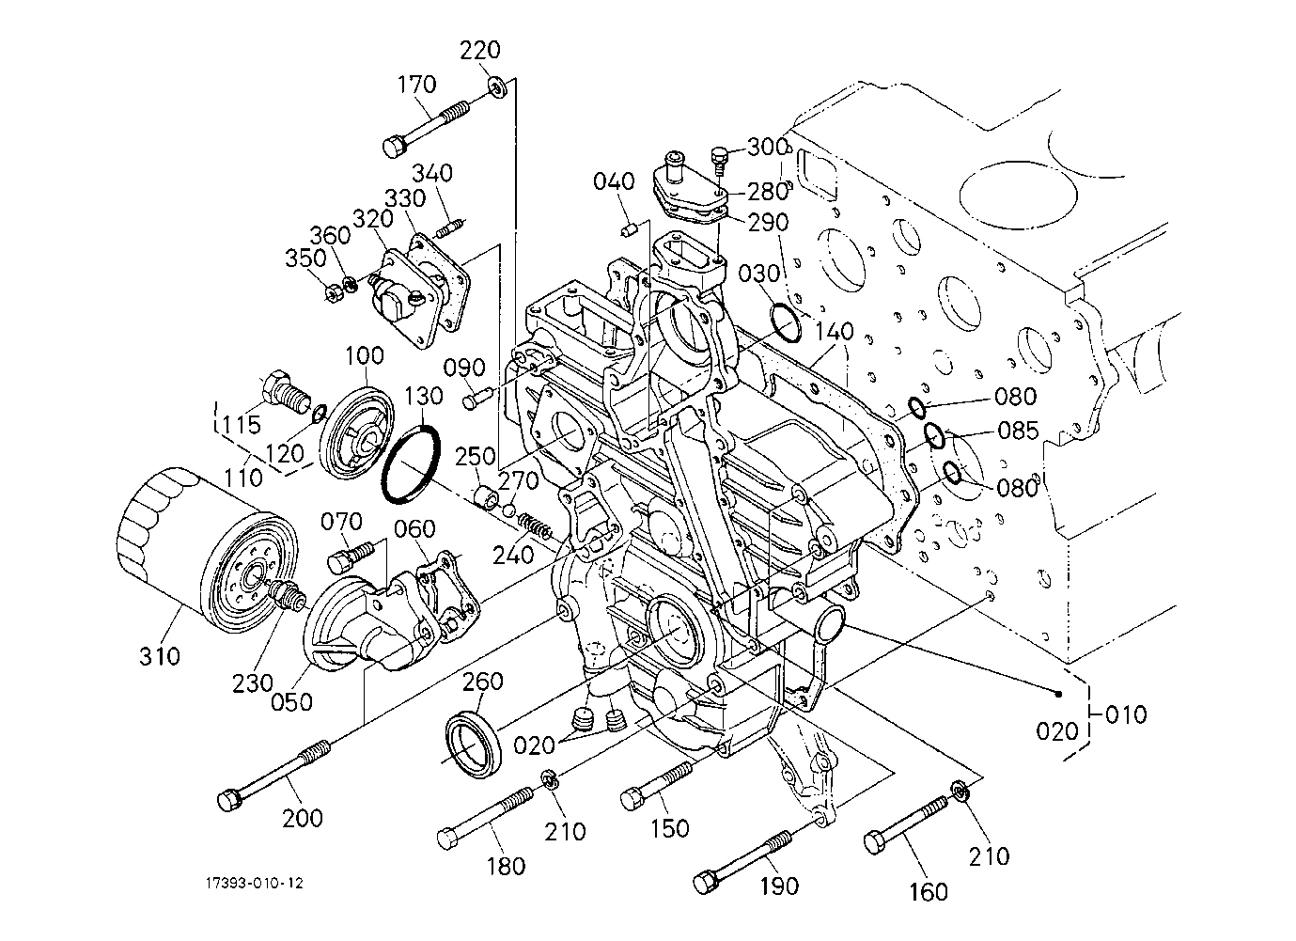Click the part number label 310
tap(160, 656)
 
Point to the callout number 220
tap(479, 51)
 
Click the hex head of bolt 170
tap(394, 146)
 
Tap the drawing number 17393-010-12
tap(255, 883)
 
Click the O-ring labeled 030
tap(786, 323)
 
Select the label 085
tap(1018, 431)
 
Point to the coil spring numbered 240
tap(536, 526)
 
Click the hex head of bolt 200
tap(227, 800)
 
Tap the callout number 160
tap(929, 892)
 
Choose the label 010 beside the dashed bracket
tap(1126, 714)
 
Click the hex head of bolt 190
tap(707, 883)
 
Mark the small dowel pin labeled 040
tap(629, 229)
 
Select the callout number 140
tap(835, 332)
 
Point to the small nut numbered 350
tap(333, 293)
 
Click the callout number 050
tap(291, 702)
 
